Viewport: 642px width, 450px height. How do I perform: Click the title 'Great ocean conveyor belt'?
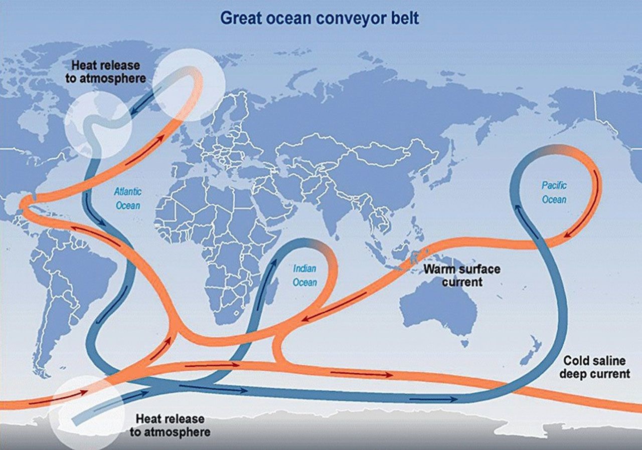click(319, 18)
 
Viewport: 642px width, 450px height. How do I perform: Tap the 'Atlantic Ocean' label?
click(128, 198)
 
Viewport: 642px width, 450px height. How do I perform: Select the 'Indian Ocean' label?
click(305, 276)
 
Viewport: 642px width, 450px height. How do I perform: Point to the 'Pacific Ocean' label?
click(554, 192)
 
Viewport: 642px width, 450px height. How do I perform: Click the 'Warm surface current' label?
click(461, 275)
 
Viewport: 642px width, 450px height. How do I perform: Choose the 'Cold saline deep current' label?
click(596, 367)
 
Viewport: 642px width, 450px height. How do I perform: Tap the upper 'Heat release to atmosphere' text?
click(108, 72)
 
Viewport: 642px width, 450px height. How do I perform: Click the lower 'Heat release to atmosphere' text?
click(171, 425)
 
